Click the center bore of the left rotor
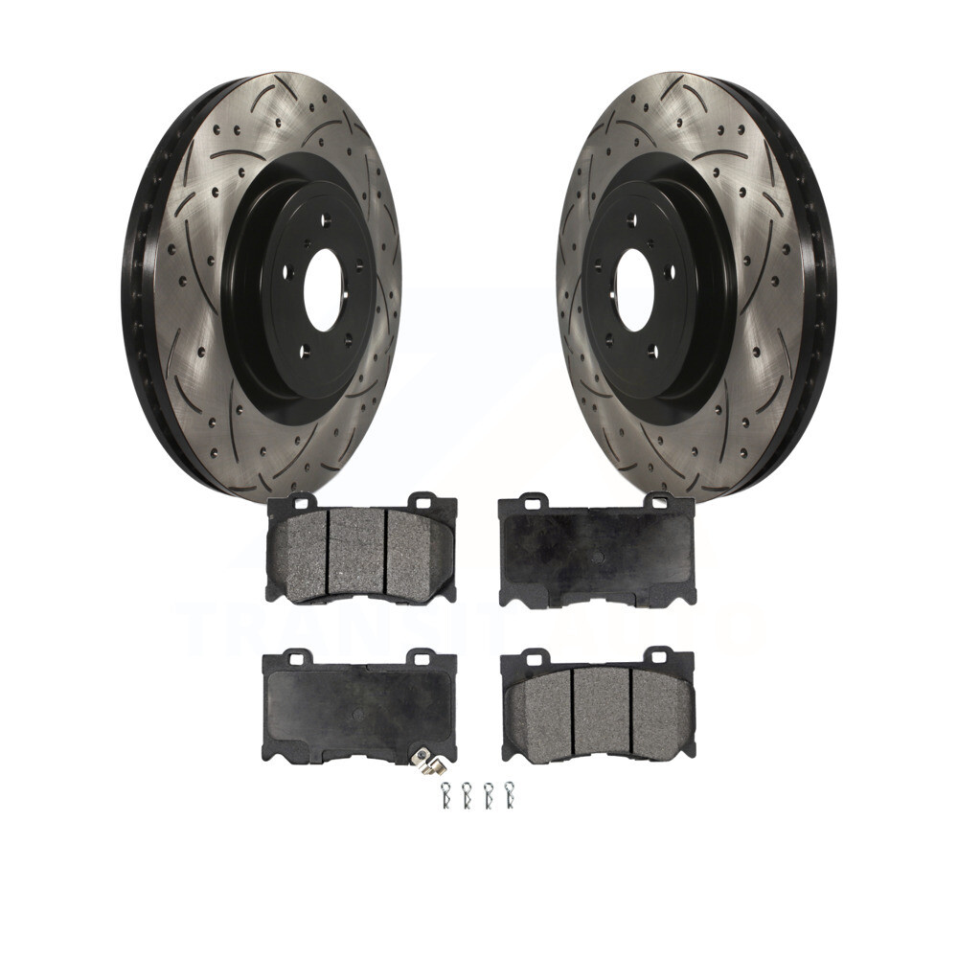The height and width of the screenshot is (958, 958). [323, 290]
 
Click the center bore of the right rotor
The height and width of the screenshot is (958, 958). [633, 290]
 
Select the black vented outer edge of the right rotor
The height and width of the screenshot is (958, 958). [820, 287]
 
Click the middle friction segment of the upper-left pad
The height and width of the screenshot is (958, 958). [356, 550]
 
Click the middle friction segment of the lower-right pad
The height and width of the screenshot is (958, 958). [601, 709]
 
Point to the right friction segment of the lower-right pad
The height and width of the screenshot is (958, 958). [659, 712]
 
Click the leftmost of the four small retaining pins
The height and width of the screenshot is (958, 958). [445, 794]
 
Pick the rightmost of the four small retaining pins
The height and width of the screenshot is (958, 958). [509, 794]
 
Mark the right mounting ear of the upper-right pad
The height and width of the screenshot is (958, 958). [657, 500]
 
